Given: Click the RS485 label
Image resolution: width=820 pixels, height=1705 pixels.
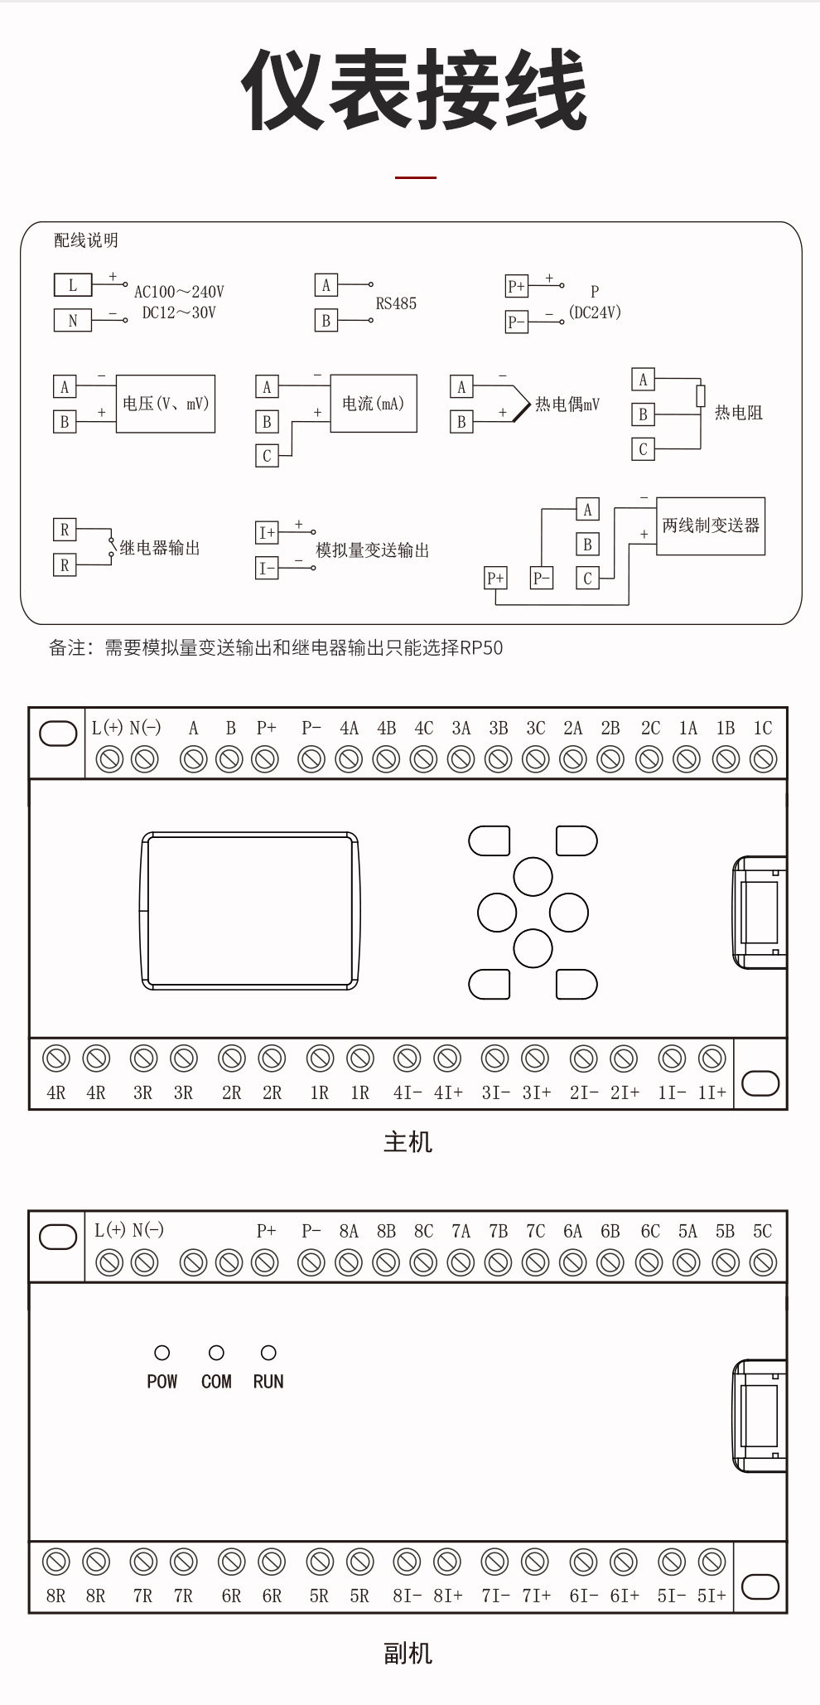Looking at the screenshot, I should pos(396,303).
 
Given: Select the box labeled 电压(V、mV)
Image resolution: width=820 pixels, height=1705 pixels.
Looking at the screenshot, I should pos(166,404).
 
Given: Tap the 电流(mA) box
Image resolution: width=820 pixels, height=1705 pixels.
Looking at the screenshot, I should pos(374,404).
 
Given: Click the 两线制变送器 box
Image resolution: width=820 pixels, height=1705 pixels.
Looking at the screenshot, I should pos(711,526).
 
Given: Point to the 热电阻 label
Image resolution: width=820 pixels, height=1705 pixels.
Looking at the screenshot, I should pos(738,413).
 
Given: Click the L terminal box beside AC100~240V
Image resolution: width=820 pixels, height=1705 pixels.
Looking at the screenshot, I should pos(73,285).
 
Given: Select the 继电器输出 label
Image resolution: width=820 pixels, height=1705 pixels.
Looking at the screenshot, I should pos(160,548).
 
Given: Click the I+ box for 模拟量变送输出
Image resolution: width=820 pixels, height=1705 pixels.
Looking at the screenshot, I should pos(267,532).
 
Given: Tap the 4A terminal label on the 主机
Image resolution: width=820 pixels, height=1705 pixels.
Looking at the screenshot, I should pos(349,729).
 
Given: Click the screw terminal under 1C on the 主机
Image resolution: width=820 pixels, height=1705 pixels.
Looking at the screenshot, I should pos(763,758).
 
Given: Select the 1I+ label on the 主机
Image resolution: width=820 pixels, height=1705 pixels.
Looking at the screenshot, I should pos(711,1092).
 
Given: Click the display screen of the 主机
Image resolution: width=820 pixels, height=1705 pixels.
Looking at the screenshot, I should pos(249,910).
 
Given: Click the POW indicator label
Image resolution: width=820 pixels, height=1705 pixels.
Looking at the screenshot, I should pos(162,1382).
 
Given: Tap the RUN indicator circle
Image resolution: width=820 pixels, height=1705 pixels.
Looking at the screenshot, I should pos(268,1353).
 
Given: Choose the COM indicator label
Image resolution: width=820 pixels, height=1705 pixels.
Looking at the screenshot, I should pos(216,1382).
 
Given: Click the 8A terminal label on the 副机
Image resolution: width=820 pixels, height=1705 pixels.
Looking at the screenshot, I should pos(349,1231).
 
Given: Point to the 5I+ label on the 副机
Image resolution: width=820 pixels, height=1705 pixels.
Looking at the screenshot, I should pos(711,1596).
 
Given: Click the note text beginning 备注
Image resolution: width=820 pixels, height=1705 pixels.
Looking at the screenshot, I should pos(276,648).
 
